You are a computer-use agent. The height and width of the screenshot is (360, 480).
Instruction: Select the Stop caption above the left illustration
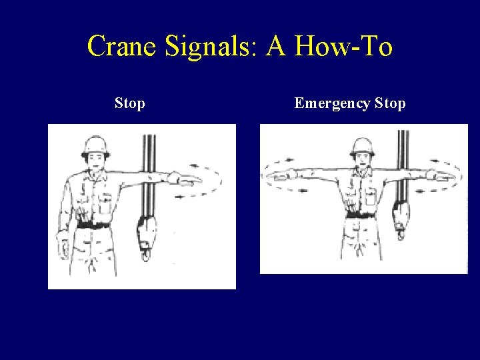130,103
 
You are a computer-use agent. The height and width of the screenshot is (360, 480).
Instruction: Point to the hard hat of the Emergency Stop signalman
363,145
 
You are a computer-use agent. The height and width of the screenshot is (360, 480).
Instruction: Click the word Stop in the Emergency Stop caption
390,103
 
